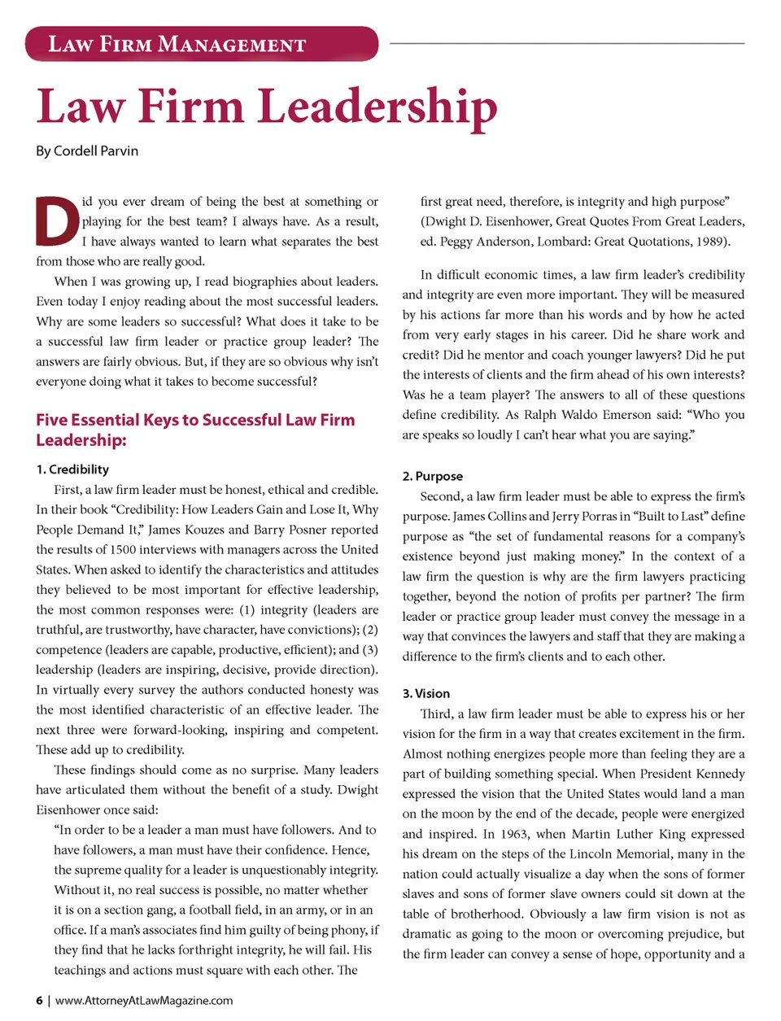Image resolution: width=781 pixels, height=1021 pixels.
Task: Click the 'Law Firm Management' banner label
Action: click(x=177, y=44)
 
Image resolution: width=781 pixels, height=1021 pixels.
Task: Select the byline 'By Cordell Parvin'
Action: click(x=87, y=151)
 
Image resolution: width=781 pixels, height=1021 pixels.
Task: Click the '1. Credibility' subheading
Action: click(x=72, y=469)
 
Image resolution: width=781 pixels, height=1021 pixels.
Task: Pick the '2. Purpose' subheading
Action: click(x=433, y=476)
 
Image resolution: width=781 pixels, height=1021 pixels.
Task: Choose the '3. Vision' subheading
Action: click(x=426, y=693)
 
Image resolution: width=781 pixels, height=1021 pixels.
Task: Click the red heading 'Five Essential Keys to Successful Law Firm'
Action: click(x=195, y=420)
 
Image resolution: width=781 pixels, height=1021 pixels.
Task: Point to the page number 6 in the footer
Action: click(x=39, y=1001)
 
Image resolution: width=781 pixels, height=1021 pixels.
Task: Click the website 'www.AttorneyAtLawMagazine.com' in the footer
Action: click(x=144, y=1001)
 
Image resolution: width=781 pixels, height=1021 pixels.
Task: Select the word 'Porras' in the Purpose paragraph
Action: click(x=595, y=517)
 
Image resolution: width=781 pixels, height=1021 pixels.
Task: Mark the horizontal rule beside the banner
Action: click(x=567, y=43)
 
